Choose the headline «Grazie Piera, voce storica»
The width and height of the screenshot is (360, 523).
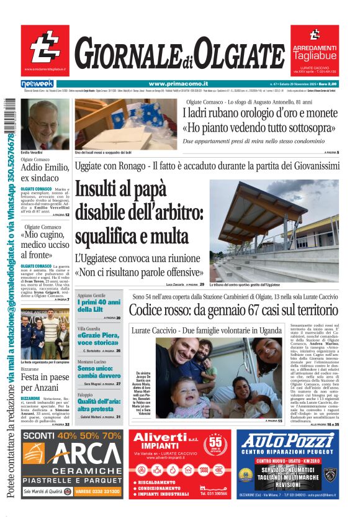coord(99,339)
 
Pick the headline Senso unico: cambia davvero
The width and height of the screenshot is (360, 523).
coord(99,372)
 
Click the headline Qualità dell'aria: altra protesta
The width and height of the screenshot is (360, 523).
coord(99,406)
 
